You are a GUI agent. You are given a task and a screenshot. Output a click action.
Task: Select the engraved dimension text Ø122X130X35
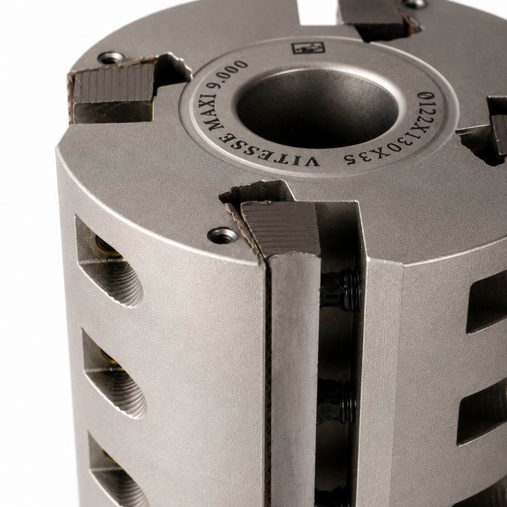(x=391, y=135)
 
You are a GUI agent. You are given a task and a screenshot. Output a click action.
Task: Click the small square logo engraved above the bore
(x=308, y=48)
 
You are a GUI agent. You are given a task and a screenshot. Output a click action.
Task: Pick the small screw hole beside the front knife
(x=222, y=233)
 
